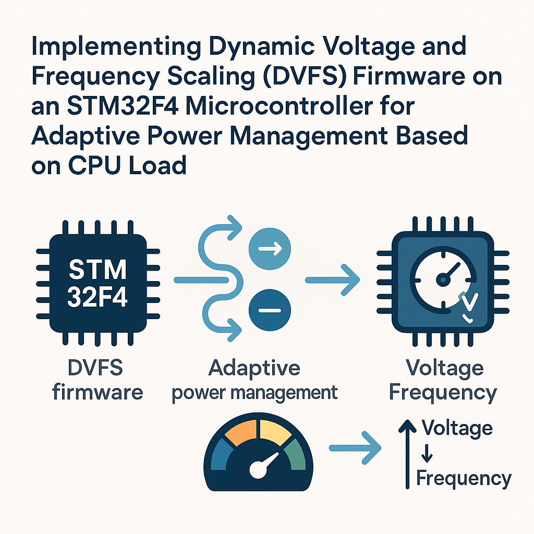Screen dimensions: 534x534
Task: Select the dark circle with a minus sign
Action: (x=270, y=310)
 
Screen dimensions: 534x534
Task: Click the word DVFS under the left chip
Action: (x=95, y=368)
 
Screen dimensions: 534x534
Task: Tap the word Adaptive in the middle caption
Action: (x=254, y=368)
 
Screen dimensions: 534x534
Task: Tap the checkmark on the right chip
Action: (x=468, y=302)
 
